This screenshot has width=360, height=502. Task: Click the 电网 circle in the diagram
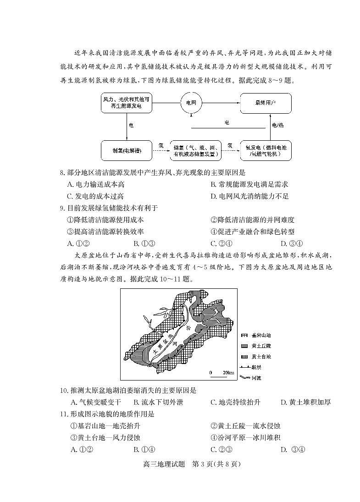pyautogui.click(x=191, y=103)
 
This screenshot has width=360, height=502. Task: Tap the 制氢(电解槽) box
pyautogui.click(x=126, y=150)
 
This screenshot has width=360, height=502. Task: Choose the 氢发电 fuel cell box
pyautogui.click(x=266, y=150)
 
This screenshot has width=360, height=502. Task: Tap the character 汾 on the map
pyautogui.click(x=189, y=328)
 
